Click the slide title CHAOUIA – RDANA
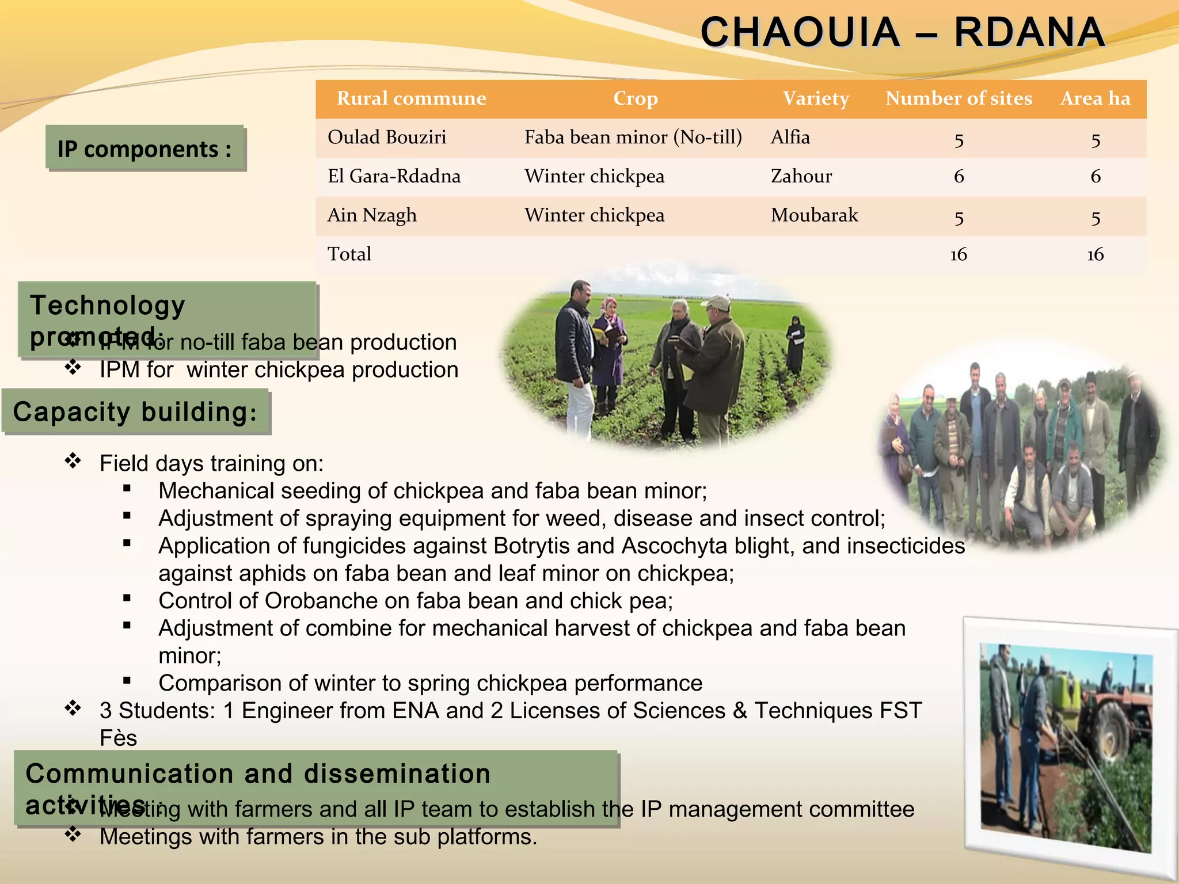click(x=902, y=32)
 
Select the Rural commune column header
click(x=411, y=98)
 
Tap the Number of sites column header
click(x=959, y=98)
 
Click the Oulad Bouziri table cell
click(x=387, y=138)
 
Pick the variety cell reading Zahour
click(x=801, y=176)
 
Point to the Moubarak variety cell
click(x=814, y=215)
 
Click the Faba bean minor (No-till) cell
click(x=633, y=138)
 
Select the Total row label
click(x=349, y=254)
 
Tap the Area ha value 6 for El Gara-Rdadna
click(x=1095, y=176)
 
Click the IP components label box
click(x=145, y=148)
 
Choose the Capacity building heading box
click(x=136, y=412)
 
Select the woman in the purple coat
click(x=609, y=351)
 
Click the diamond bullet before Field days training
click(x=73, y=462)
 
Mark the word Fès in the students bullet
click(x=118, y=738)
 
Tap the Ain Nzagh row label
click(x=372, y=215)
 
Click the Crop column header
click(x=635, y=98)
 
